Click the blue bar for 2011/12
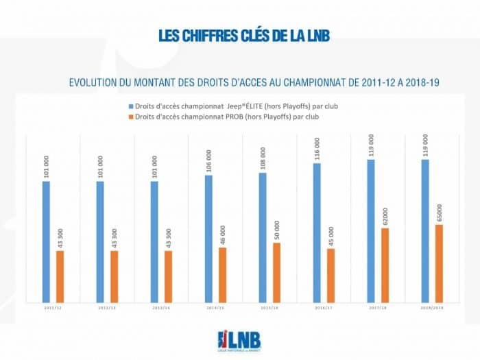(x=46, y=241)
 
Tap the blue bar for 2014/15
(x=208, y=238)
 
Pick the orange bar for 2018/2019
(x=439, y=263)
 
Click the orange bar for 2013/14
(x=168, y=276)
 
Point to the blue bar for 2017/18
(x=371, y=230)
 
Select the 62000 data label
(x=385, y=213)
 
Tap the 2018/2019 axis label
(x=432, y=309)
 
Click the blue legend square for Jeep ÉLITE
(x=132, y=106)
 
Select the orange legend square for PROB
(x=132, y=117)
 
